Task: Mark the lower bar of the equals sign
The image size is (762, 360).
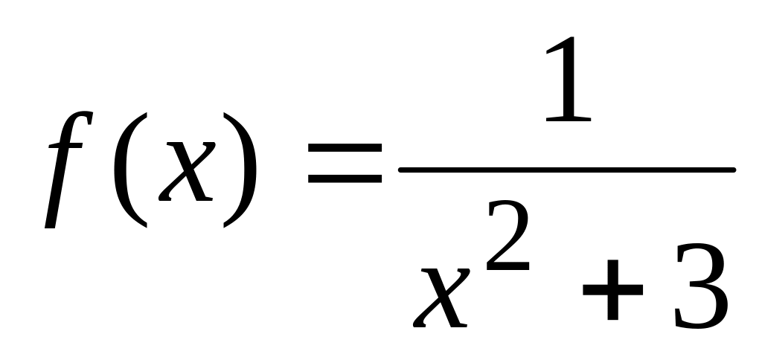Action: [x=344, y=181]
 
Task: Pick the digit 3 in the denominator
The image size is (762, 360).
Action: [x=699, y=289]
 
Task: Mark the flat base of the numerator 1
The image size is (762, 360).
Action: [x=567, y=119]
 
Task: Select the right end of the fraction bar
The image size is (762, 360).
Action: [x=732, y=170]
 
